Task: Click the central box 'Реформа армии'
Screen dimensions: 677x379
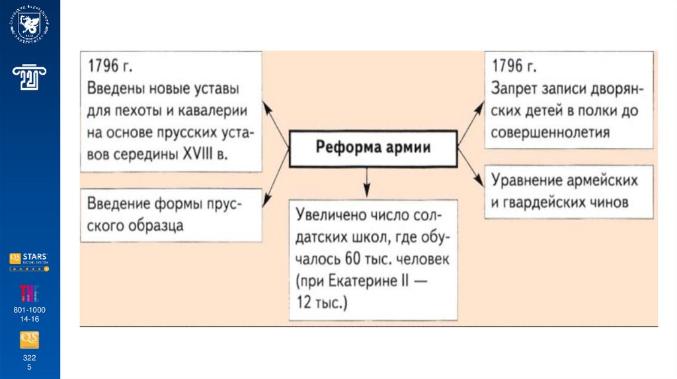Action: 373,147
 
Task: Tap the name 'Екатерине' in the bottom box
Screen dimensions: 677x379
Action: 376,280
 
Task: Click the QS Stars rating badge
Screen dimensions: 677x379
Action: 29,261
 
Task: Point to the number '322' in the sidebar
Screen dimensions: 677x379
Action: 29,357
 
